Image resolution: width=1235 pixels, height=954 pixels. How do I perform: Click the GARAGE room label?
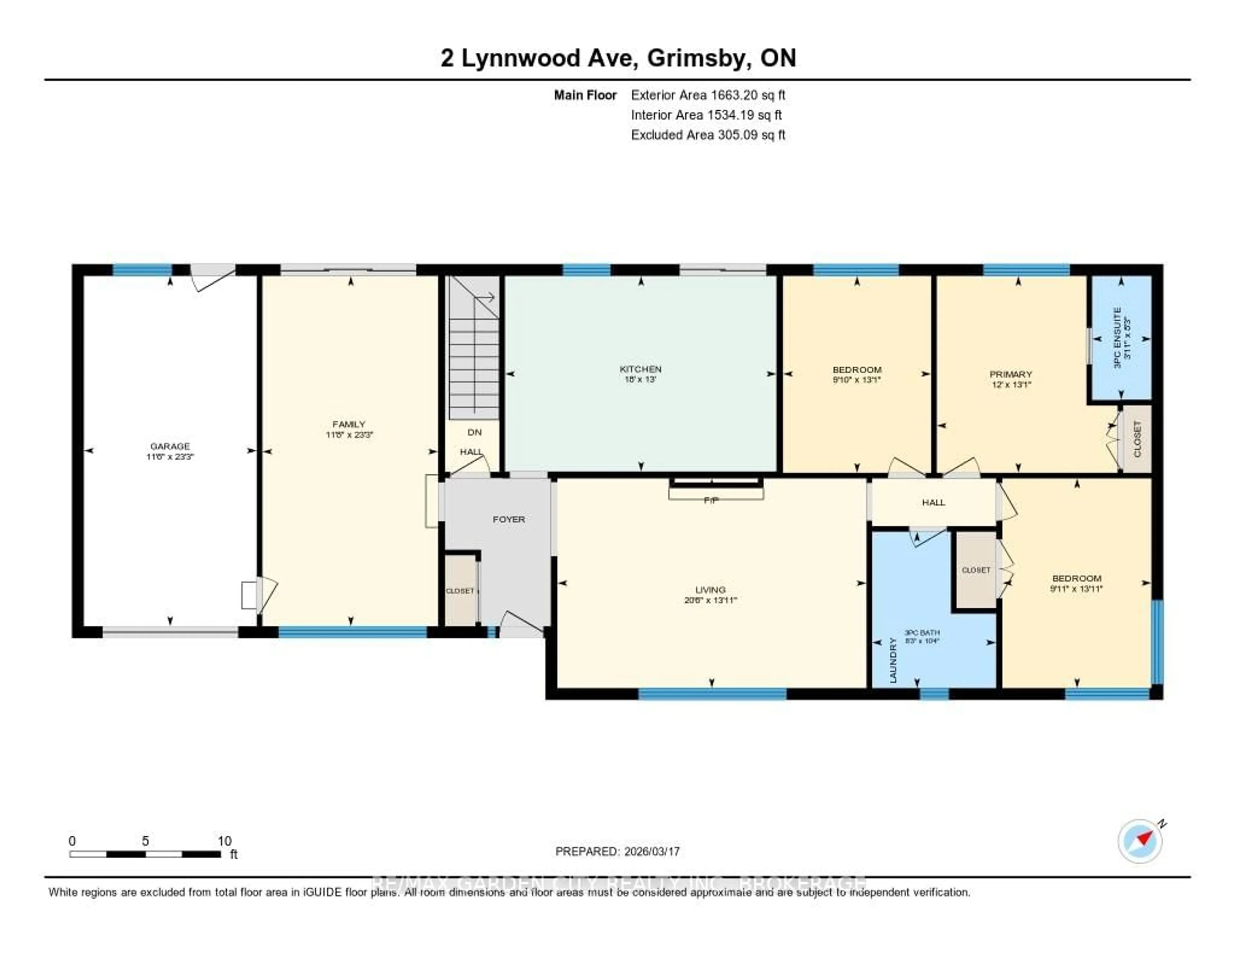[169, 446]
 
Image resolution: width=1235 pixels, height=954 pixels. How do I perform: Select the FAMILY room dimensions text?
[349, 435]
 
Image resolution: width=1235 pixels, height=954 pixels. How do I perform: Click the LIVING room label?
[710, 589]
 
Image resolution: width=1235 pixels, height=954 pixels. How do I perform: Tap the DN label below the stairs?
[474, 432]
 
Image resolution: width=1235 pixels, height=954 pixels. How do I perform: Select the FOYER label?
[508, 519]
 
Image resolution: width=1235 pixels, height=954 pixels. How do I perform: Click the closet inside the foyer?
[460, 591]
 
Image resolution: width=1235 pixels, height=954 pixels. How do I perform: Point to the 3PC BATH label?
[922, 632]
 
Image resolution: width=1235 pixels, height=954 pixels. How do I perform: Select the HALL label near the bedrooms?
[933, 502]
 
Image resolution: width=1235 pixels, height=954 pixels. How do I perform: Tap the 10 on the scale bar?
[224, 841]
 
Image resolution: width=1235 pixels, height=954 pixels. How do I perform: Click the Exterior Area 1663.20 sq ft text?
[708, 95]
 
